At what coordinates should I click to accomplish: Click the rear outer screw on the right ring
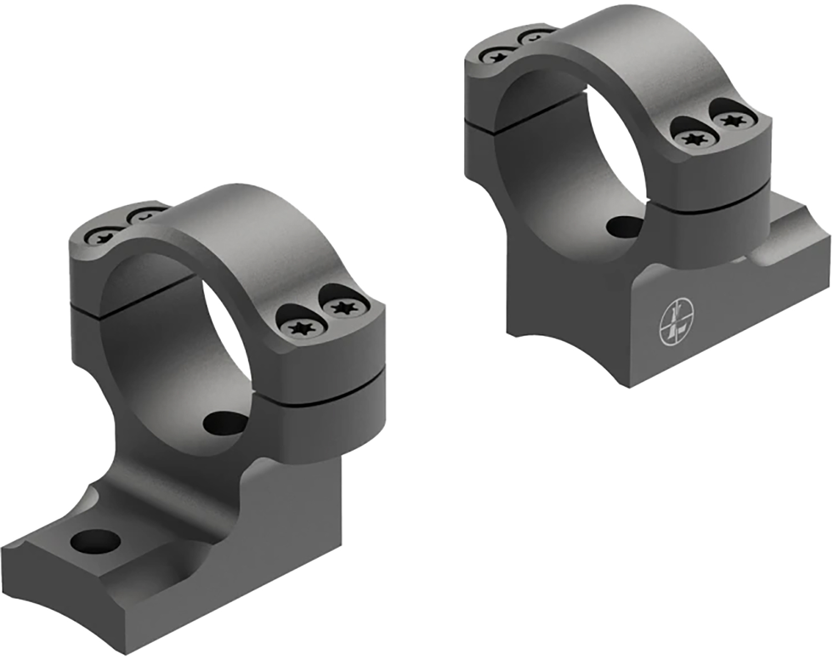pos(496,56)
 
